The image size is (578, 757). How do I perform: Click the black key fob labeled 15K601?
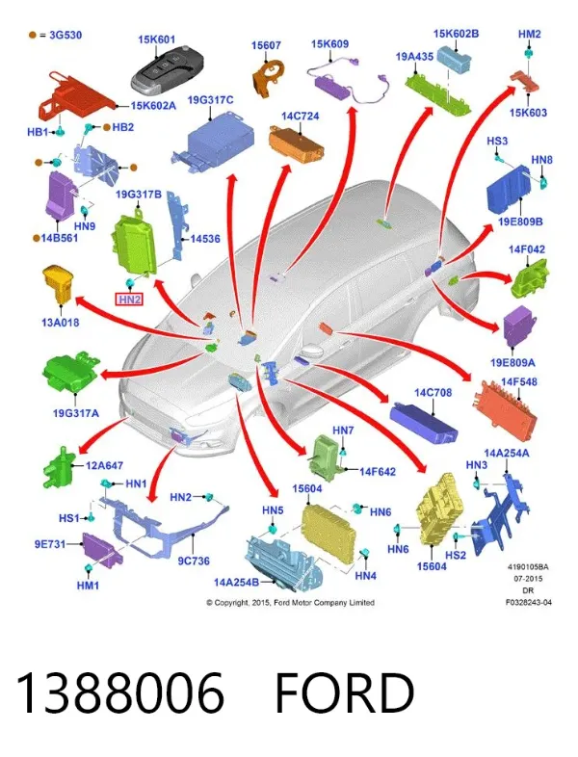pos(167,71)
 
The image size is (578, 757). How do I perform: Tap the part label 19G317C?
pos(210,100)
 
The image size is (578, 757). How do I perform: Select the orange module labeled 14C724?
pos(296,144)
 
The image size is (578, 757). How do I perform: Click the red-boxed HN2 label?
pos(129,300)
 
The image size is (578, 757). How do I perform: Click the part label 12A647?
pos(104,465)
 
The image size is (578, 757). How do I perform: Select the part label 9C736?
pos(194,561)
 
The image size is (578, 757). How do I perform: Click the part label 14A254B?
pos(236,583)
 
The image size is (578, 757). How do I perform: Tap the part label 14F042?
pos(526,249)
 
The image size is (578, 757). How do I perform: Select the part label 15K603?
pos(528,113)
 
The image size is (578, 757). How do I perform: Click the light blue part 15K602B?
pos(454,59)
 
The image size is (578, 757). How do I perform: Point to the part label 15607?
pos(266,45)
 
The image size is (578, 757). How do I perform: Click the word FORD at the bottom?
pos(344,693)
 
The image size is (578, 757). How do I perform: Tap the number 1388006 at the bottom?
pos(120,693)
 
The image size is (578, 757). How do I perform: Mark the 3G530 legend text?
pos(66,35)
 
